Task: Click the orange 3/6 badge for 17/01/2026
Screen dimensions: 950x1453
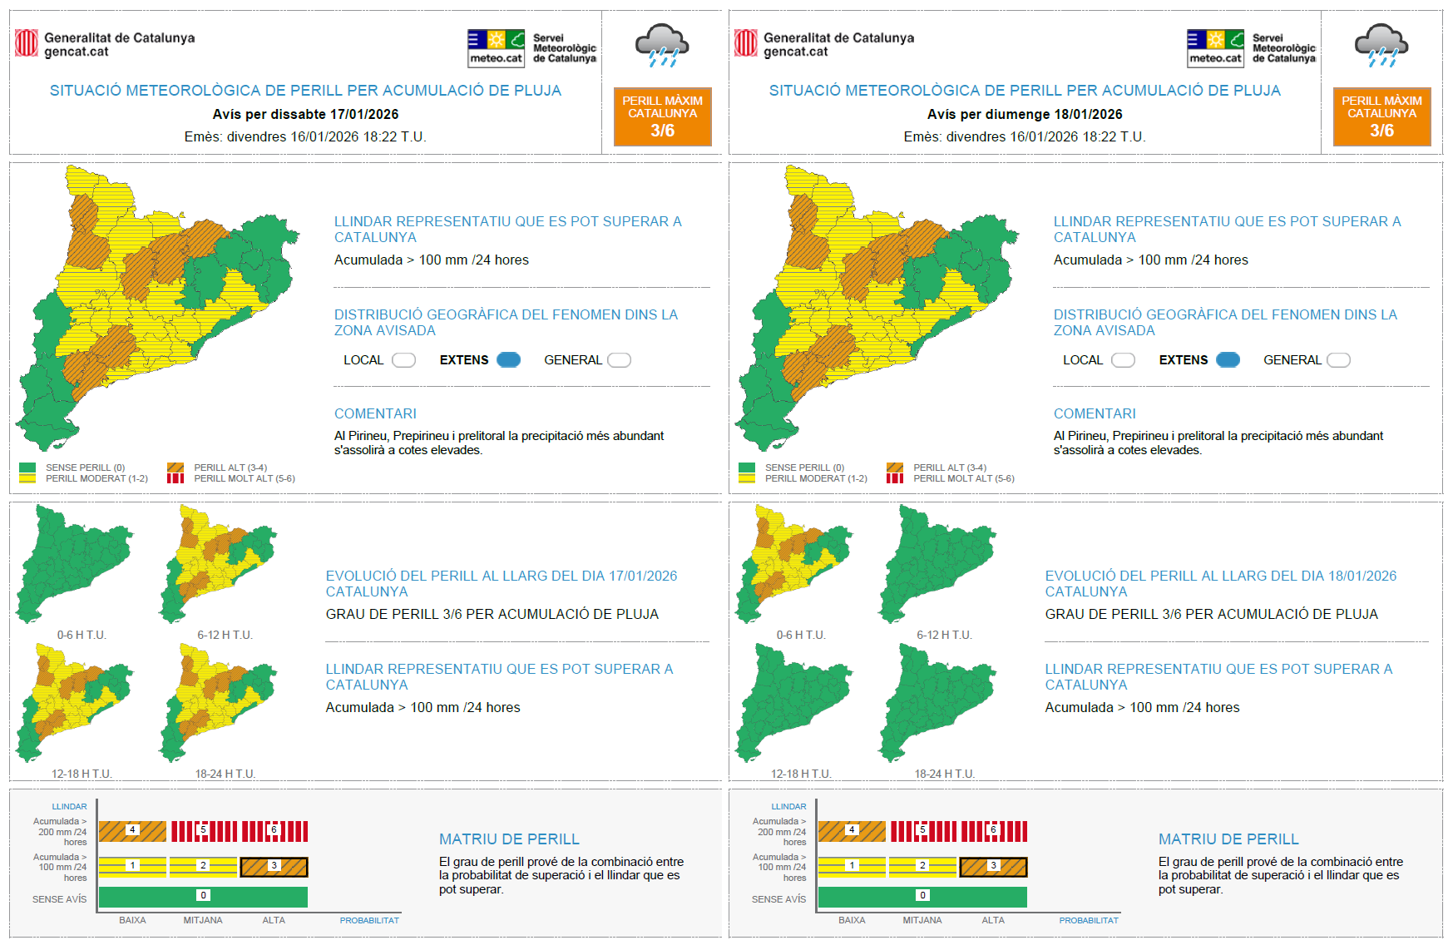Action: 662,116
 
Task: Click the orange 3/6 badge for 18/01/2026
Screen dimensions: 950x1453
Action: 1381,116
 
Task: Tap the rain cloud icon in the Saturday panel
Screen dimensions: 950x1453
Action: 661,45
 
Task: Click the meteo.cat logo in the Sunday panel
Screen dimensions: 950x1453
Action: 1215,48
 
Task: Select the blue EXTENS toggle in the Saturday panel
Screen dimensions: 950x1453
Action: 508,360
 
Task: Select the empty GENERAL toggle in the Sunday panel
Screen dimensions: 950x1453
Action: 1338,360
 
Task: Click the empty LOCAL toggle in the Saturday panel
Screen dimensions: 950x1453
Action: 403,360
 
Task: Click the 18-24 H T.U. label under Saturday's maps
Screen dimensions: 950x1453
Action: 225,774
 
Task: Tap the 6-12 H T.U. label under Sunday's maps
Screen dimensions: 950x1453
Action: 944,635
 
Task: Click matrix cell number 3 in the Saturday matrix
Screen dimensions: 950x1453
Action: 274,866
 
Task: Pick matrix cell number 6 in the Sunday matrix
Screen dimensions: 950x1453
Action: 993,830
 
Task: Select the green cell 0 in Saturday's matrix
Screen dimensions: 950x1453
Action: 203,896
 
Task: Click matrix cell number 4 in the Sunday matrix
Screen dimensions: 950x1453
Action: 852,830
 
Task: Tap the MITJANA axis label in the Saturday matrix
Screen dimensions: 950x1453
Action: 203,920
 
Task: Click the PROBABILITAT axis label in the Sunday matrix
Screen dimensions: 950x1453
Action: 1089,920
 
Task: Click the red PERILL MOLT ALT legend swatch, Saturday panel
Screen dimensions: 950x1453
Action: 175,478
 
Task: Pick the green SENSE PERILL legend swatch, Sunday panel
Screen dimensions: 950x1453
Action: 746,468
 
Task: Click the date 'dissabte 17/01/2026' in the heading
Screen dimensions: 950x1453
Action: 334,114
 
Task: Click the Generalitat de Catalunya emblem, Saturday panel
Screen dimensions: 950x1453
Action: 27,43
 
